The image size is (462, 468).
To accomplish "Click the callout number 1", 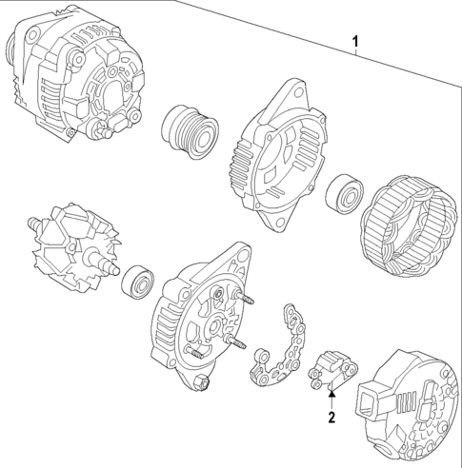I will pyautogui.click(x=356, y=42).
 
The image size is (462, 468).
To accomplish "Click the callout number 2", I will pyautogui.click(x=331, y=417).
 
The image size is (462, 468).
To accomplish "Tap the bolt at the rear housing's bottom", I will pyautogui.click(x=202, y=385).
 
